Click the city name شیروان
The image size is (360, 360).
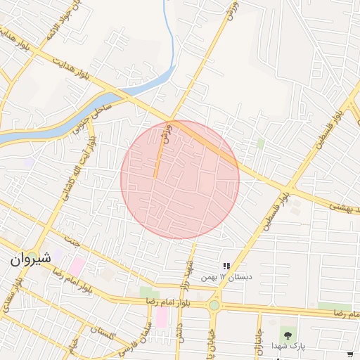tap(32, 258)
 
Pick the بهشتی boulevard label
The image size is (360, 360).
tap(346, 205)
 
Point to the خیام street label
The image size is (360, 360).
tap(74, 347)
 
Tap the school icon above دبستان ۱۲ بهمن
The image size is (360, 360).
tap(226, 265)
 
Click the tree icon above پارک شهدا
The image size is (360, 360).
tap(286, 332)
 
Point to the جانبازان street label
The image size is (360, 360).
tap(258, 338)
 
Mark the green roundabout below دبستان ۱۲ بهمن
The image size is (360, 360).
tap(214, 305)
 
